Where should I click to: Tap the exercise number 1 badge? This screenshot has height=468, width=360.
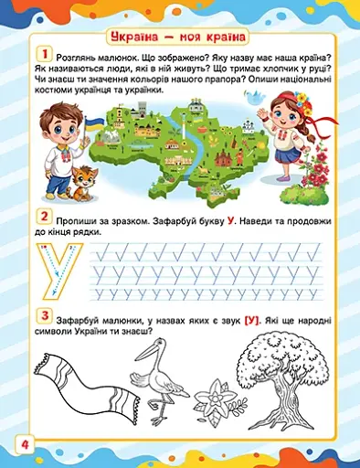(x=42, y=55)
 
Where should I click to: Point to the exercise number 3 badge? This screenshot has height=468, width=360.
(x=42, y=316)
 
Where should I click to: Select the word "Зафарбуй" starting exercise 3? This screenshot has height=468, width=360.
(x=83, y=317)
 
